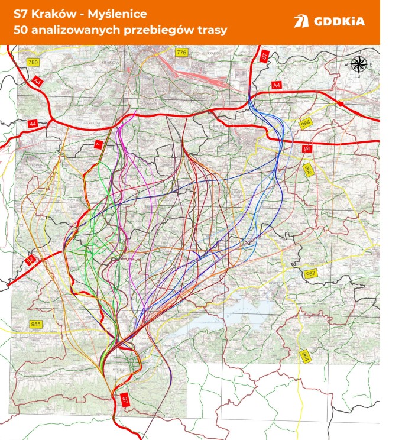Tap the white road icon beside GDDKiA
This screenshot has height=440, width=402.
[301, 22]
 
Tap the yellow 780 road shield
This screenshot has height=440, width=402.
[33, 63]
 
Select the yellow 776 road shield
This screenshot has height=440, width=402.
[181, 53]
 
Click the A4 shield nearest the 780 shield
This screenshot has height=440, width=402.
[38, 80]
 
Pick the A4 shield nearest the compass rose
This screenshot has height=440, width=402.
[277, 86]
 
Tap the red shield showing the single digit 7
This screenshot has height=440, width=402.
[99, 144]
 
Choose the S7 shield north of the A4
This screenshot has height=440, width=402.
[265, 56]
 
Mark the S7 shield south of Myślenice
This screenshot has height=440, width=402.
[125, 400]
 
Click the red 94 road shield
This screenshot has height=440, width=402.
[307, 148]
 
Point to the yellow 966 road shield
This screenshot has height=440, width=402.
[307, 170]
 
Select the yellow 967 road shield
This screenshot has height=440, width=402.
[312, 274]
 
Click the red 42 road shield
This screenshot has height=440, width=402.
[30, 260]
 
